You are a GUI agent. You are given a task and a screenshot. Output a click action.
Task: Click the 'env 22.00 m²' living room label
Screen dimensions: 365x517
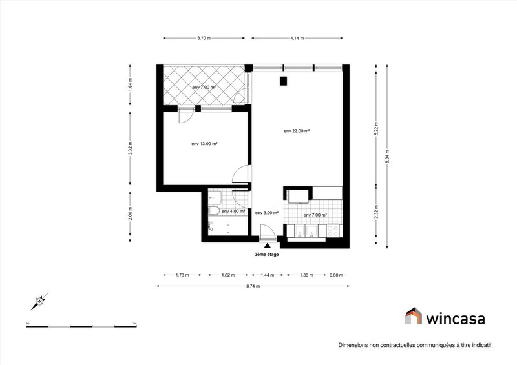[x=297, y=131]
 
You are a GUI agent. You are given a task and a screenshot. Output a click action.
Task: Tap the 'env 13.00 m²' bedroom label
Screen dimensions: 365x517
[x=204, y=144]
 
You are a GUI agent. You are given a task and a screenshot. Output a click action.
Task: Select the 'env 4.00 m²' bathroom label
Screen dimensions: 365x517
[x=233, y=211]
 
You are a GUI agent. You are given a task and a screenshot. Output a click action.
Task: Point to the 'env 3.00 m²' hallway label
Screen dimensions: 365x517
[x=267, y=213]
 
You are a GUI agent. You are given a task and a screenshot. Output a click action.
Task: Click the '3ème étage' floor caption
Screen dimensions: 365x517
[x=268, y=254]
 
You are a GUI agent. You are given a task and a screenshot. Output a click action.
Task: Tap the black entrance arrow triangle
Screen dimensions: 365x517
[x=268, y=245]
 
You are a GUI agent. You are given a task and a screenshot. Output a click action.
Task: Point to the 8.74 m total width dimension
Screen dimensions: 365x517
[x=253, y=286]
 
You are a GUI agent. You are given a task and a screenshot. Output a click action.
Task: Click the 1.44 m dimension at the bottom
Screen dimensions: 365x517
[x=268, y=275]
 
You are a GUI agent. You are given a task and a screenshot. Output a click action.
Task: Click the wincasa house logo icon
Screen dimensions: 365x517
[x=413, y=316]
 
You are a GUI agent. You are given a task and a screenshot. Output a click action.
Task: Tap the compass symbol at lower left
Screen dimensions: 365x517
[x=41, y=300]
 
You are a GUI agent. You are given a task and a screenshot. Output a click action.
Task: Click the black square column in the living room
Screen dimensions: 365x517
[x=283, y=81]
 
